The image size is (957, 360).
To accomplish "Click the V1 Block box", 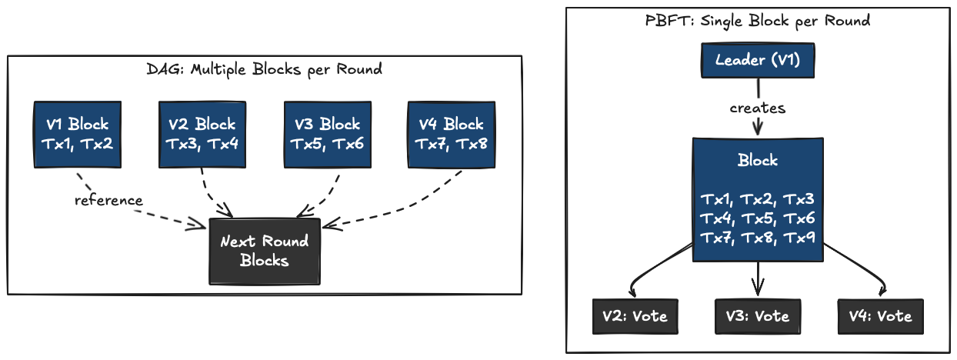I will pos(77,134).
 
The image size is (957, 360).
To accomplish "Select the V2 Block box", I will pos(202,134).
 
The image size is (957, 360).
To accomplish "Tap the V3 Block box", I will pos(327,134).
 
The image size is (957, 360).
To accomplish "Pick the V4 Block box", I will pos(451,134).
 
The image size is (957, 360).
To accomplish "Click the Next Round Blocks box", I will pos(264,251).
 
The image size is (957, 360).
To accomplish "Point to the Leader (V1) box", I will pos(758,60).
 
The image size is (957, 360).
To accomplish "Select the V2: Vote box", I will pos(635,316).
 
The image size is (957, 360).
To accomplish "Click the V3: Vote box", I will pos(758,316).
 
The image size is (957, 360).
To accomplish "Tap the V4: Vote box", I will pos(880,316).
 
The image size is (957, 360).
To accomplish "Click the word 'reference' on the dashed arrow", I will pos(108,201).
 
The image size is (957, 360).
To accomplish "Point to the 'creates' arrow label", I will pos(758,108).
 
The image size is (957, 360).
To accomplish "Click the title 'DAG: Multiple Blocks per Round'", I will pos(264,69).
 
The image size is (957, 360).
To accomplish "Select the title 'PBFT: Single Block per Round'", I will pos(758,21).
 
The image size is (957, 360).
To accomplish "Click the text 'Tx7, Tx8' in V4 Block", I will pos(451,143).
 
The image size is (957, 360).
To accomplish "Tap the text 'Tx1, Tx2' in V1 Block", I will pos(77,143).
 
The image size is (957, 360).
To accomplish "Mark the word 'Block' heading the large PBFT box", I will pos(758,161).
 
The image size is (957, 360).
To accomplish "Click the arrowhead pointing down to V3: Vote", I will pos(759,290).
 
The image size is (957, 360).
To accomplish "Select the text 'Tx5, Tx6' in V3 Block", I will pos(327,143).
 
